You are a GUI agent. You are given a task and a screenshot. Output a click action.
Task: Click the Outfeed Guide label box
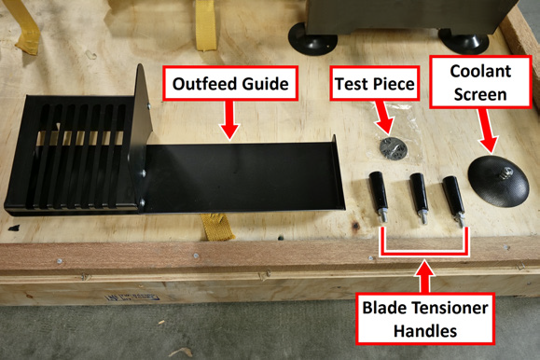click(230, 83)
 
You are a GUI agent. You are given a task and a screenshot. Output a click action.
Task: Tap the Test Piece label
click(375, 83)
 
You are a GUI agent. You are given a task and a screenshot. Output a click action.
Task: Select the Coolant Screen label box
click(480, 82)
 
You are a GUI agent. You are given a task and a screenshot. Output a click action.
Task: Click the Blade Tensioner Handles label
click(425, 319)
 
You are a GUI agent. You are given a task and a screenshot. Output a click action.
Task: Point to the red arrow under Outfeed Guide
click(229, 120)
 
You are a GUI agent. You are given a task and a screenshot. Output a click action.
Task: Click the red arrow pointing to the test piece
click(384, 118)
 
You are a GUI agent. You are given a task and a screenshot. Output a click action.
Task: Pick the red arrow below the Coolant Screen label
click(486, 131)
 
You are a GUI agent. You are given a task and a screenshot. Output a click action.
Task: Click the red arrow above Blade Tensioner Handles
click(425, 277)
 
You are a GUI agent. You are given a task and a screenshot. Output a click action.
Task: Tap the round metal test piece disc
click(393, 148)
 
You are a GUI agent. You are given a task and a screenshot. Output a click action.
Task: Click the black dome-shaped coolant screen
click(498, 181)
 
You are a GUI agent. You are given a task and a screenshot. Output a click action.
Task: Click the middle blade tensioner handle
click(419, 198)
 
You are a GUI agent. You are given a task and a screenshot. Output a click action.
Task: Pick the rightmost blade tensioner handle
click(454, 200)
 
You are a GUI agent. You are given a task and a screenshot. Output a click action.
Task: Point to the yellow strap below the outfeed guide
click(216, 227)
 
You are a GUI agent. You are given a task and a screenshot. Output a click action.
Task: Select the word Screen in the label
click(480, 95)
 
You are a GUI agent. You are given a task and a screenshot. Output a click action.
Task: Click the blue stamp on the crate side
click(132, 298)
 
